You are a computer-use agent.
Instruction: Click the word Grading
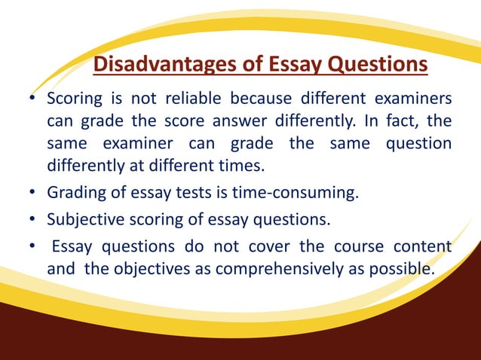coord(75,194)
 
